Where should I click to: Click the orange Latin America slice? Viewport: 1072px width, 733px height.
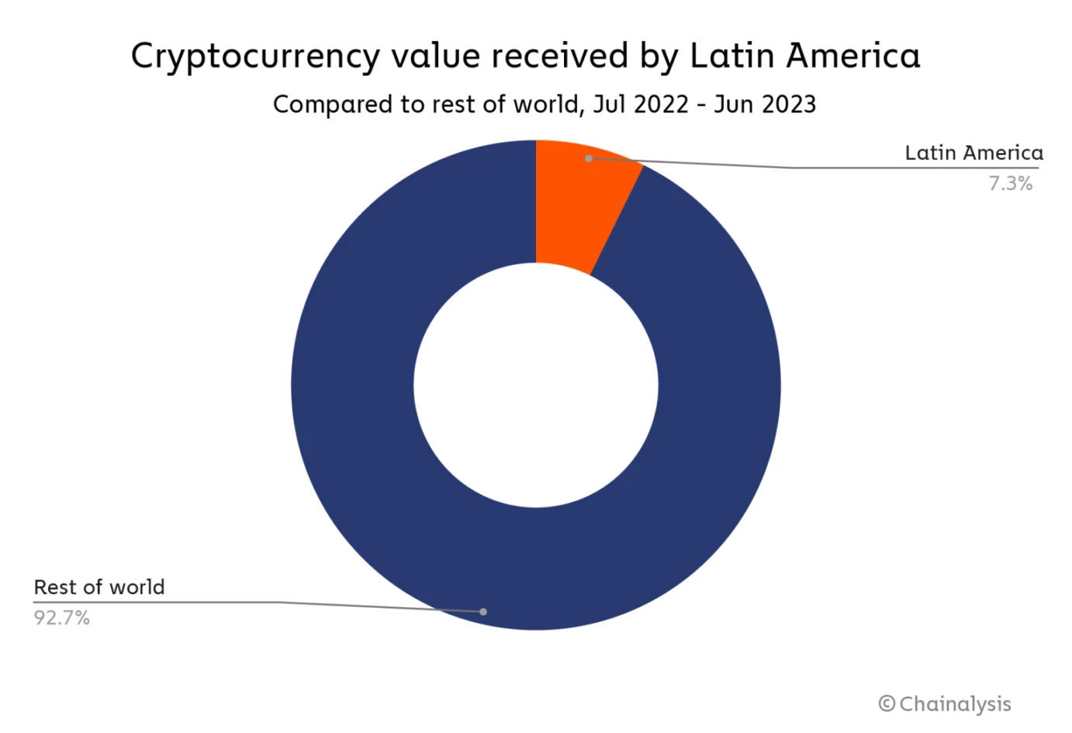coord(578,206)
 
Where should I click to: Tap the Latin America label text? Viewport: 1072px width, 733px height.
coord(973,153)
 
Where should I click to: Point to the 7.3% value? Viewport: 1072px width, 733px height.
coord(1010,184)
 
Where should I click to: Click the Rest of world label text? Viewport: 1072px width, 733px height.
coord(99,587)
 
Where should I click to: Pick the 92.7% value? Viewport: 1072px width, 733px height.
coord(62,618)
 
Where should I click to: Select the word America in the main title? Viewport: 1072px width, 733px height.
coord(852,56)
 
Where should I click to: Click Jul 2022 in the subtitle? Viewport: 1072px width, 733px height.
coord(641,105)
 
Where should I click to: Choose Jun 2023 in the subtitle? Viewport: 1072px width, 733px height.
coord(765,105)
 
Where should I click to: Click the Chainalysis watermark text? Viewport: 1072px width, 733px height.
coord(955,704)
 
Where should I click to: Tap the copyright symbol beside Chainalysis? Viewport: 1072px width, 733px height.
coord(887,704)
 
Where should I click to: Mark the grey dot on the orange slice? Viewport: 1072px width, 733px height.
coord(589,158)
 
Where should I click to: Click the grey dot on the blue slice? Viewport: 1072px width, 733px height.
coord(483,612)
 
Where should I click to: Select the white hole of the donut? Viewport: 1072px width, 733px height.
coord(536,386)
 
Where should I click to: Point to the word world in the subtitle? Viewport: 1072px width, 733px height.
coord(543,105)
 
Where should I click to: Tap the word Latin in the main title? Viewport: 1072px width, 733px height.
coord(732,56)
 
